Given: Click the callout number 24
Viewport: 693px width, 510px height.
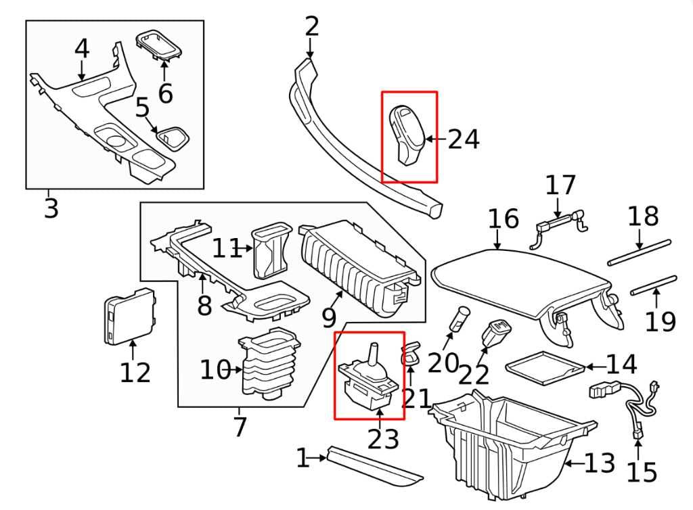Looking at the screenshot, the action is click(464, 139).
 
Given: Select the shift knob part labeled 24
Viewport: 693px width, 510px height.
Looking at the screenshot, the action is click(407, 135).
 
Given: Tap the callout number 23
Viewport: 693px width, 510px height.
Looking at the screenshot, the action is click(383, 440).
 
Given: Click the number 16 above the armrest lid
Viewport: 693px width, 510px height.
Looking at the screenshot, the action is click(503, 219).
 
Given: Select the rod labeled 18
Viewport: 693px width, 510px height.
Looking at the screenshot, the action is click(640, 252).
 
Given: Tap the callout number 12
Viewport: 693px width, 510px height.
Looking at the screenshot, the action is click(135, 373).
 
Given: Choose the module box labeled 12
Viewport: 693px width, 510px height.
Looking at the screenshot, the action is click(129, 316).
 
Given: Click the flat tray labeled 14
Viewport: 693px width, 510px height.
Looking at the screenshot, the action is click(545, 367).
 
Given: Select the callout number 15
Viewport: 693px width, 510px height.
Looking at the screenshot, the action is click(642, 473).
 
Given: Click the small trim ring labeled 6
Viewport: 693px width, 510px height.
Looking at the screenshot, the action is click(158, 44).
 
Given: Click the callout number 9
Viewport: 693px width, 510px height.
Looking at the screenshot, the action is click(329, 317).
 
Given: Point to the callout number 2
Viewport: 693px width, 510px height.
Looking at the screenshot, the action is click(311, 26).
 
